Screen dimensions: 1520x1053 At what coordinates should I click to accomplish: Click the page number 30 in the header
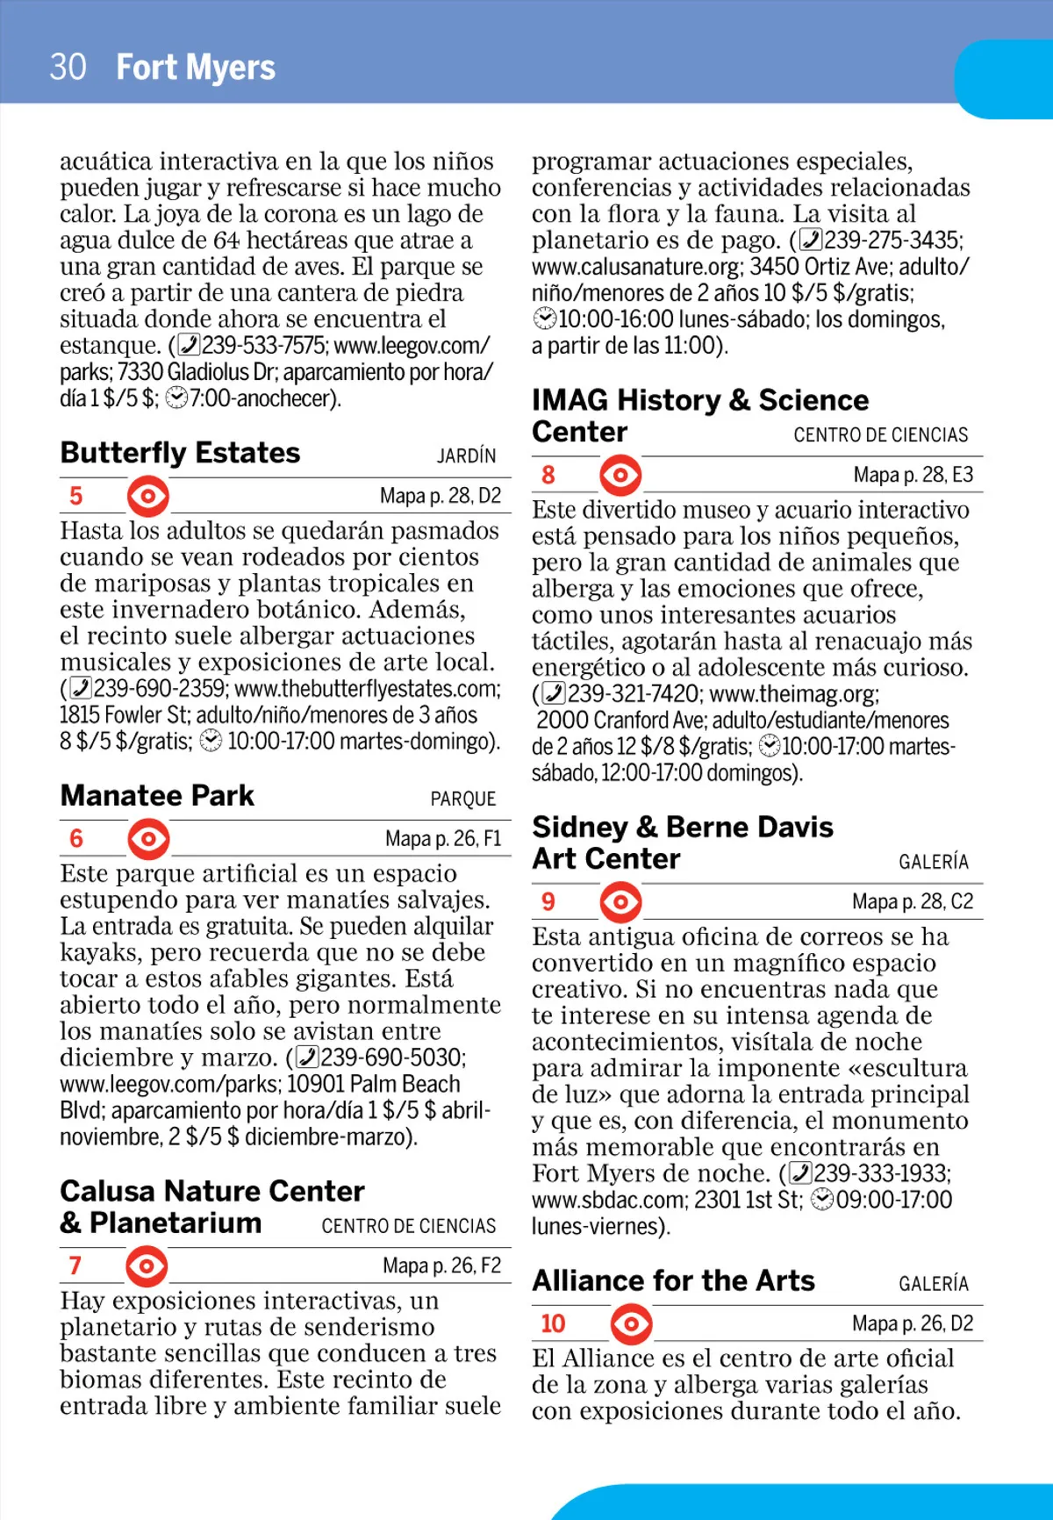click(x=68, y=68)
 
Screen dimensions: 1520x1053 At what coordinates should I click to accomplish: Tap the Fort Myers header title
click(x=196, y=68)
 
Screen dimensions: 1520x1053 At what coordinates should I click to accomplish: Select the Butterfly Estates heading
click(x=180, y=453)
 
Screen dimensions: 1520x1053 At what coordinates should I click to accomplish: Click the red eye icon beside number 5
click(x=147, y=497)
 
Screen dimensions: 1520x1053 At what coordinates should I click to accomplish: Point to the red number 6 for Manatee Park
click(x=76, y=839)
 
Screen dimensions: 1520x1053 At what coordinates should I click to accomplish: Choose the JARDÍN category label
click(x=466, y=456)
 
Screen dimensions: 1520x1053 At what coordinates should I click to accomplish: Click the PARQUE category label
click(x=462, y=799)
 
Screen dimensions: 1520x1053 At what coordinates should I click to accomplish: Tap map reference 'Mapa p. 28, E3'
click(x=913, y=475)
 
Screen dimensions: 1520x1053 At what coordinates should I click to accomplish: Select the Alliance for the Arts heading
click(x=673, y=1280)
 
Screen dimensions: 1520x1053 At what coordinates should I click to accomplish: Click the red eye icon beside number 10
click(x=631, y=1323)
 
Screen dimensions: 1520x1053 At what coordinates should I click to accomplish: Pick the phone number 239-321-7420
click(x=634, y=694)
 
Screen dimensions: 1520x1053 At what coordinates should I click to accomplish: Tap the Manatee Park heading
click(x=157, y=796)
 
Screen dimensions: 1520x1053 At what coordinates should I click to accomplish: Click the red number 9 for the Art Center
click(x=548, y=901)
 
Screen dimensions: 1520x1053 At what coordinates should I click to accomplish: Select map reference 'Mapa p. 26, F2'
click(x=441, y=1265)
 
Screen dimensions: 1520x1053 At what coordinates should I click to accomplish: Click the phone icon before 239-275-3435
click(x=812, y=240)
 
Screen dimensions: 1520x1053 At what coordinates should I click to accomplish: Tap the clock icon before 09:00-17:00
click(x=822, y=1200)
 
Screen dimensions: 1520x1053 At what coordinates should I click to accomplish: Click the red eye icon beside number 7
click(x=147, y=1266)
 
